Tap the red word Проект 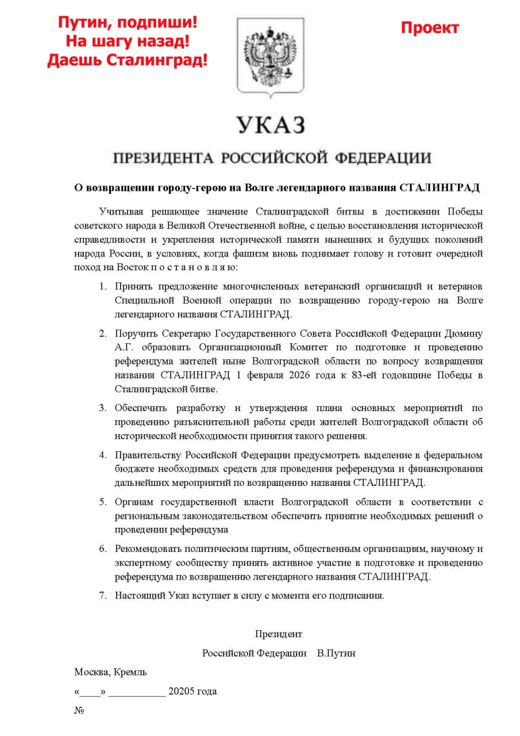click(x=430, y=28)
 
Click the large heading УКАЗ click(x=270, y=125)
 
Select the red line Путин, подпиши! click(x=127, y=23)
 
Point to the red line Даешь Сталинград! click(x=127, y=59)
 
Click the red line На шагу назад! click(x=127, y=41)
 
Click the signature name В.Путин click(x=336, y=653)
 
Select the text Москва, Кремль click(x=110, y=672)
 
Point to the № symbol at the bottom click(x=79, y=710)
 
